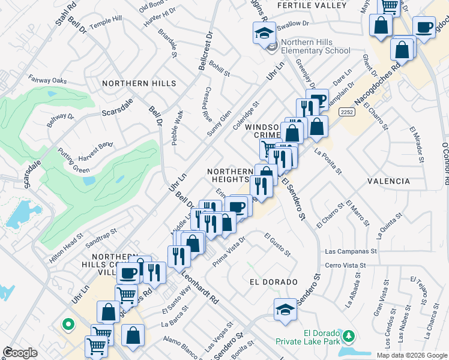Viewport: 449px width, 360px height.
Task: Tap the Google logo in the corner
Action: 20,353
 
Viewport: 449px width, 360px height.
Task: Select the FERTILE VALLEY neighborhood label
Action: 312,5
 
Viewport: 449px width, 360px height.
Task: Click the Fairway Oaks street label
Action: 51,80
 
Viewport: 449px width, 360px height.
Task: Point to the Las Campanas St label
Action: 351,252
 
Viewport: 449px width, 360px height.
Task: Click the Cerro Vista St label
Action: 350,265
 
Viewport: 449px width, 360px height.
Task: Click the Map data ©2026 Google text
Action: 412,355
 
